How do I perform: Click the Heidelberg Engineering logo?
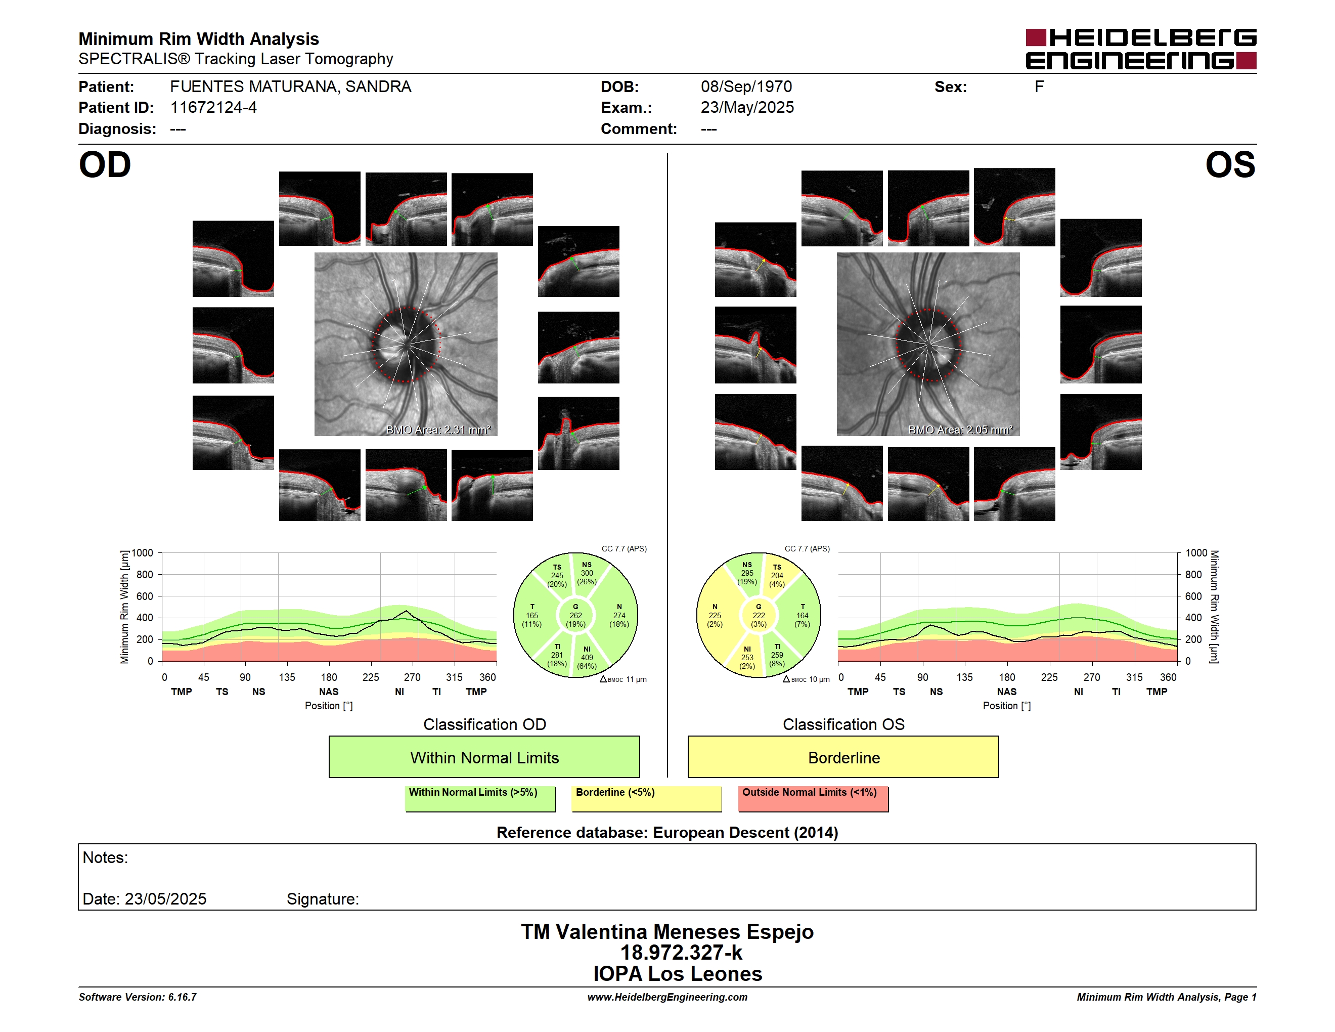pos(1141,49)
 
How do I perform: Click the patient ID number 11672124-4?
pos(213,108)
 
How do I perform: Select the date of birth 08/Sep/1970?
pos(746,87)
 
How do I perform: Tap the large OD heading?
pos(105,165)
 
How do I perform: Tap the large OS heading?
pos(1230,165)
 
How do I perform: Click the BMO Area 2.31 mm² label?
pos(437,430)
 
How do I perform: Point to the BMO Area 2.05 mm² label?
pos(960,430)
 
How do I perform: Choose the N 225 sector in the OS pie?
pos(715,616)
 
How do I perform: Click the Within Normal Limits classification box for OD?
pos(484,757)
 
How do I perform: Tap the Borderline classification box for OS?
pos(843,757)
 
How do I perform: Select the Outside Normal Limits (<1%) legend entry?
pos(813,798)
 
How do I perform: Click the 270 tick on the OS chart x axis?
pos(1092,677)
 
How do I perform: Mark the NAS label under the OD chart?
pos(329,692)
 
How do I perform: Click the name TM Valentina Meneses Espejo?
pos(667,931)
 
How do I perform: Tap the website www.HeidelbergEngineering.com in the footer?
pos(667,997)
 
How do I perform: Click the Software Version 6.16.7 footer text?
pos(138,997)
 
